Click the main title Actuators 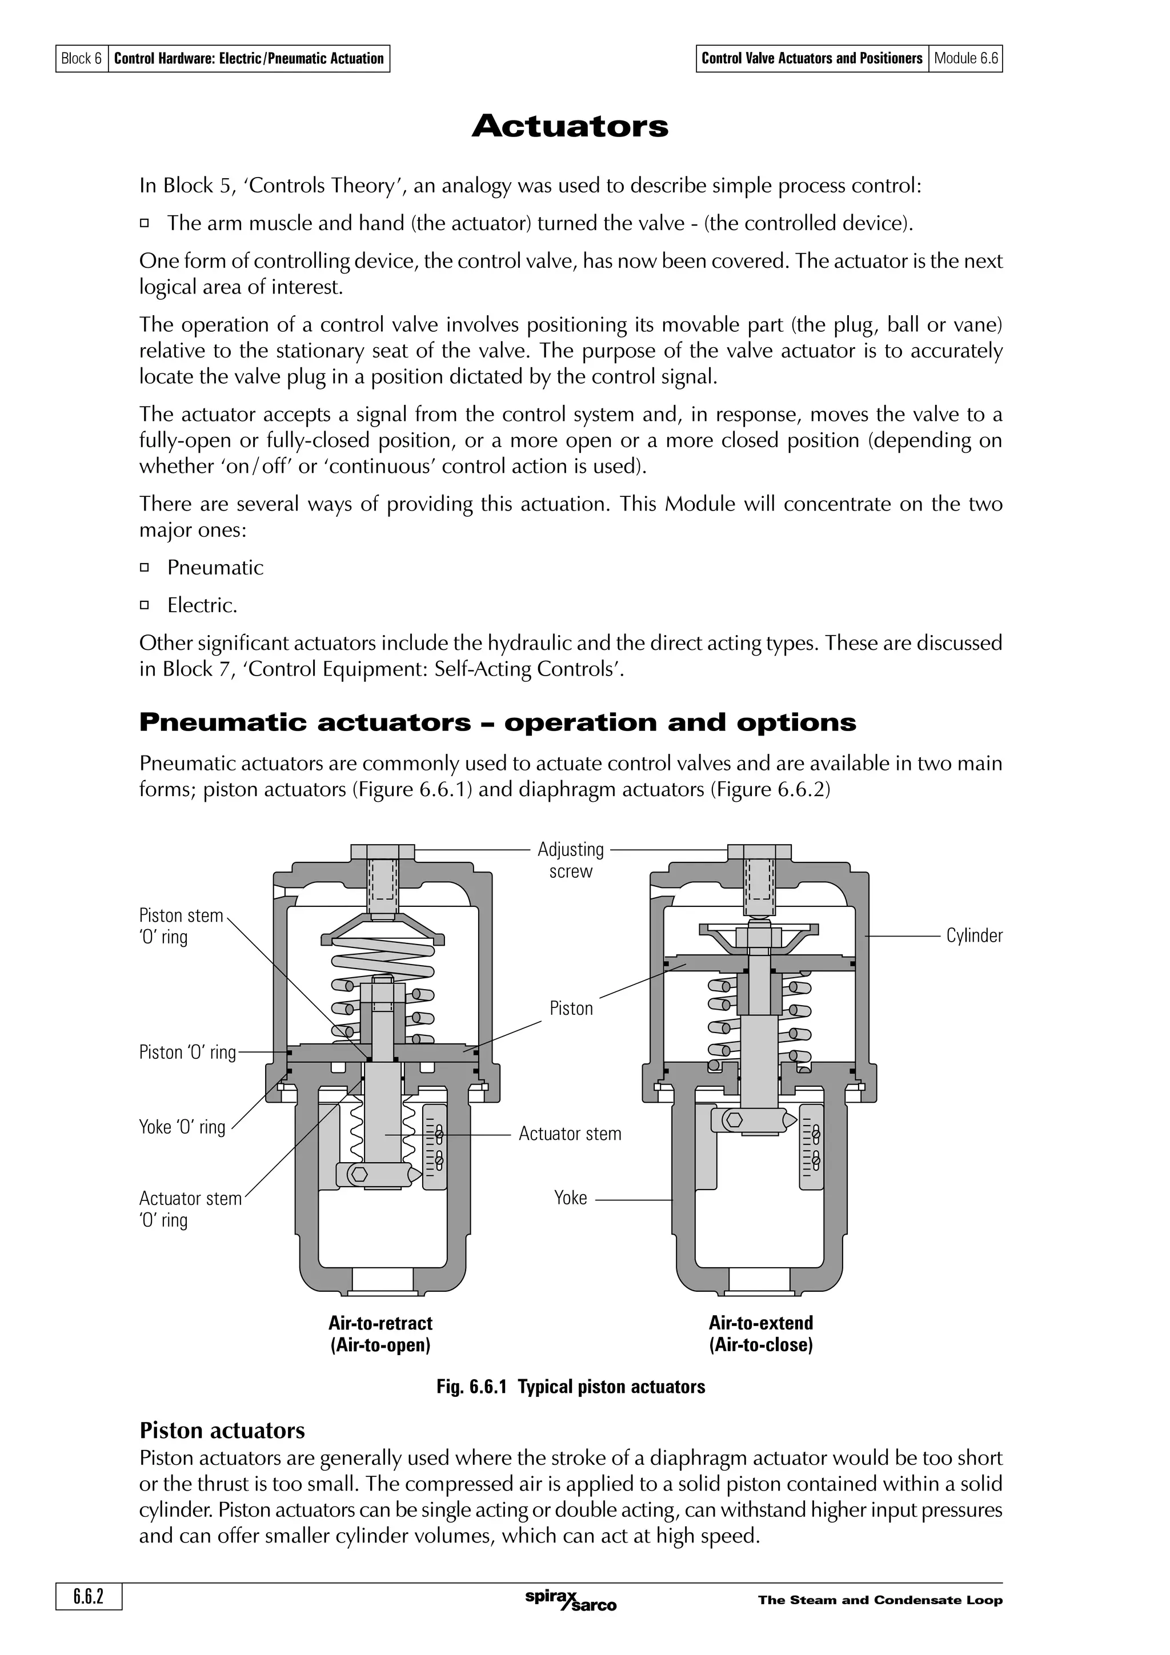[570, 126]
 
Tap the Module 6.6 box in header [965, 58]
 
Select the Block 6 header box [82, 58]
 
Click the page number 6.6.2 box [89, 1597]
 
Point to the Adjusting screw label [570, 860]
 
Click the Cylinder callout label [974, 935]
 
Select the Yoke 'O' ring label [182, 1127]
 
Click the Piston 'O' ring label [187, 1053]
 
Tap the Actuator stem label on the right [570, 1134]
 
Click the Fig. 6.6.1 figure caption [570, 1387]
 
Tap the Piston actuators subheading [222, 1430]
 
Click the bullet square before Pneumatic [144, 567]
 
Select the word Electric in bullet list [201, 605]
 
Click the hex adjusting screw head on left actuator [382, 851]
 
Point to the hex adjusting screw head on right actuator [759, 851]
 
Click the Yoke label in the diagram [570, 1198]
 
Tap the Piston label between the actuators [571, 1009]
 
